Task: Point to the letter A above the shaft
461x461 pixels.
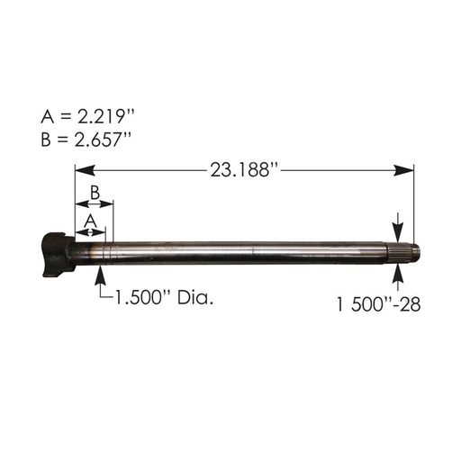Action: pos(89,219)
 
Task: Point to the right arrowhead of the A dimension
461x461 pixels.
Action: pos(102,231)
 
